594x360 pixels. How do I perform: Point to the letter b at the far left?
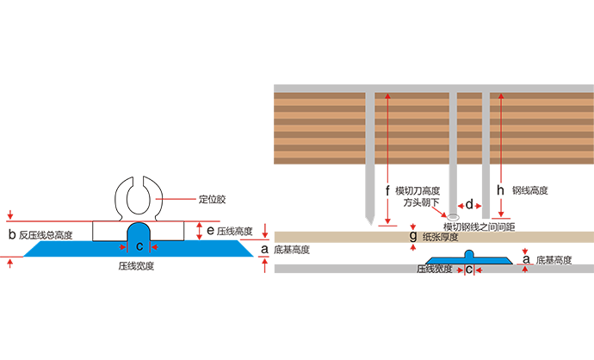tap(12, 233)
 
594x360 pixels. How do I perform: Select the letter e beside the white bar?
tap(211, 231)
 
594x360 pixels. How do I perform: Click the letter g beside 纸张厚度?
tap(413, 235)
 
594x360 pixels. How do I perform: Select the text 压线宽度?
tap(433, 270)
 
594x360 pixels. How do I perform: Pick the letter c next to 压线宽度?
tap(468, 270)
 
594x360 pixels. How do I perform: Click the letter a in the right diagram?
tap(523, 256)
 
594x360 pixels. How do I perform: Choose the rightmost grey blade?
tap(494, 155)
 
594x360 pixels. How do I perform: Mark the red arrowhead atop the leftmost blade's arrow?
tap(387, 96)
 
